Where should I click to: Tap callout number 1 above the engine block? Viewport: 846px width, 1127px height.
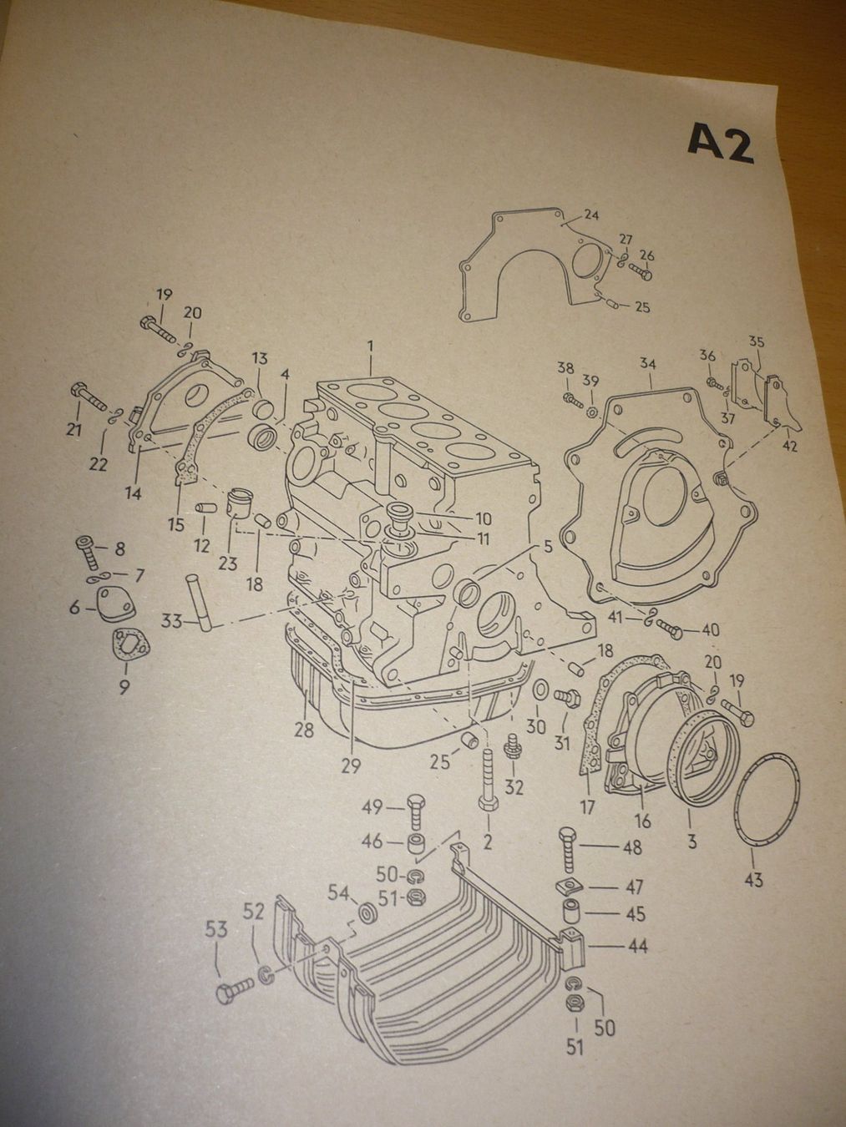point(369,349)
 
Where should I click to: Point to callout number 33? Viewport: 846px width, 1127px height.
point(171,622)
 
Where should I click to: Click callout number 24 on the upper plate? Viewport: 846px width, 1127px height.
point(592,215)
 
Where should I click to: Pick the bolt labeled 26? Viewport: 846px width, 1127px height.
point(639,271)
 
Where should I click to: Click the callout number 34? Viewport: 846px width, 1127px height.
point(648,365)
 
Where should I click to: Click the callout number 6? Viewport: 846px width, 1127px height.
point(75,609)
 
